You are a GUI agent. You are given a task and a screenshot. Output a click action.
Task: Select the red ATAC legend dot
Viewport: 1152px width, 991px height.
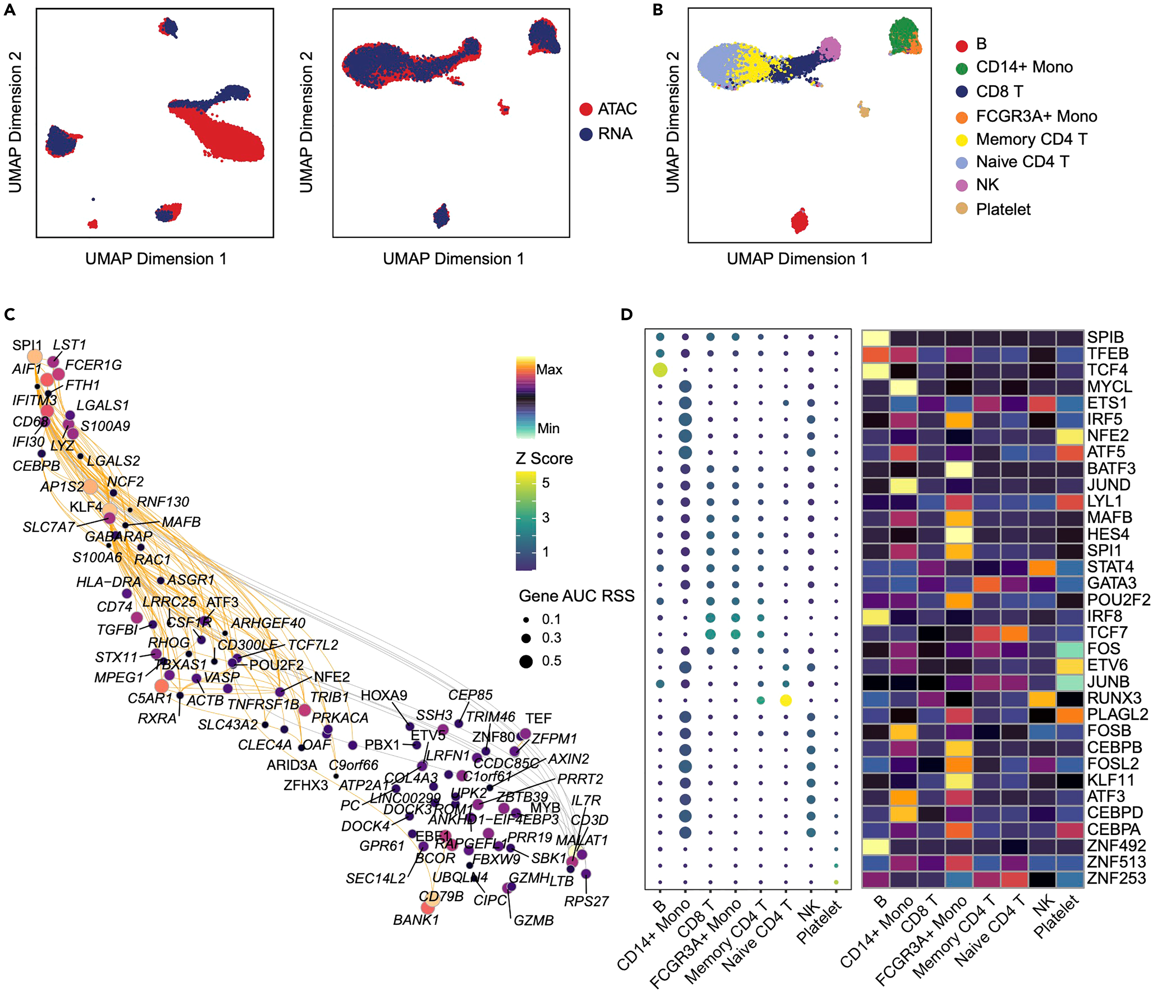[586, 109]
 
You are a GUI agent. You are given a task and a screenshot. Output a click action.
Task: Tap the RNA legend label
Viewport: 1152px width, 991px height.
[615, 134]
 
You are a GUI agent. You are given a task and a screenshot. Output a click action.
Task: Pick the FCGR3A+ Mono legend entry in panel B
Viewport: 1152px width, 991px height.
[1036, 116]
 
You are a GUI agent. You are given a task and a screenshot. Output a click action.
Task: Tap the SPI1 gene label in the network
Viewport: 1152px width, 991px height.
[27, 345]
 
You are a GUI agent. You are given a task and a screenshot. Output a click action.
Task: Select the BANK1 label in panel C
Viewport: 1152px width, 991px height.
[416, 920]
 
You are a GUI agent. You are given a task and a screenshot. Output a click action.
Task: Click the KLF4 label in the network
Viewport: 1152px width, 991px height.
[86, 507]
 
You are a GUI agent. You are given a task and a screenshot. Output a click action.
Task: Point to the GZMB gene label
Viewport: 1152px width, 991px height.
[533, 920]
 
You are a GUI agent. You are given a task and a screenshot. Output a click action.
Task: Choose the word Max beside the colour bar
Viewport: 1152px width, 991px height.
[549, 370]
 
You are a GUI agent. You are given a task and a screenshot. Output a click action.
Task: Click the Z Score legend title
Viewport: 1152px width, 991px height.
[544, 458]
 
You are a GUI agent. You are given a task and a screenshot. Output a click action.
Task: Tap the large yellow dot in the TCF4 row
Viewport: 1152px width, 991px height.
[660, 370]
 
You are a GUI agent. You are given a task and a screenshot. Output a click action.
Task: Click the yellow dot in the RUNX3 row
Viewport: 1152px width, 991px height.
[786, 700]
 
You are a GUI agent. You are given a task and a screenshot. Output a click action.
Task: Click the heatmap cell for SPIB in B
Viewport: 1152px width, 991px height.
[876, 337]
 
